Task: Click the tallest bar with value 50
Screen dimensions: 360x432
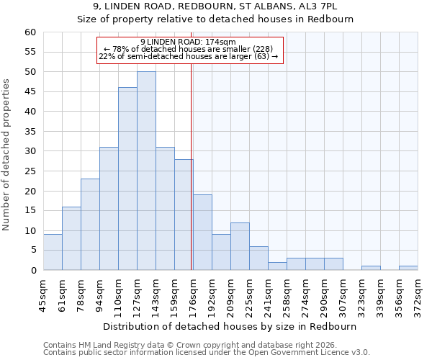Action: point(146,171)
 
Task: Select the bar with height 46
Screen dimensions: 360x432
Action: point(127,179)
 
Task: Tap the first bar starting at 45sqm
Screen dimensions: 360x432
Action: point(53,252)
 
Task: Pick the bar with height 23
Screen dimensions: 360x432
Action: point(90,224)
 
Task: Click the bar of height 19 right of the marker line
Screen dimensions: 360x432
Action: point(202,232)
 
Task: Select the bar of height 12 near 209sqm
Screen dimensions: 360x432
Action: point(240,246)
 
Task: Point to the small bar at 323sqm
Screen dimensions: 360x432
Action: point(371,268)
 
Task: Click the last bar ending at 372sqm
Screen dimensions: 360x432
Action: point(408,268)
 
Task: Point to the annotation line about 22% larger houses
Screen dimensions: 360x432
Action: point(188,56)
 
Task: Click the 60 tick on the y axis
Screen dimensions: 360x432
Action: point(30,32)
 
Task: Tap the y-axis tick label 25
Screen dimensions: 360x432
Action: point(30,171)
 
